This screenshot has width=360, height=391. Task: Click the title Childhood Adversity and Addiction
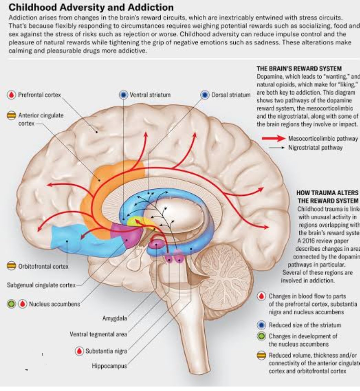pos(91,7)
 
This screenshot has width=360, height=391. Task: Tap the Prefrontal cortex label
pos(39,95)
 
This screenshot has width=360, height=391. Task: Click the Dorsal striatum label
pos(230,95)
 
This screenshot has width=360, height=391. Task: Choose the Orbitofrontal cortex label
pos(43,266)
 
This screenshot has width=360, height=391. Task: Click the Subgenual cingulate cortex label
pos(41,285)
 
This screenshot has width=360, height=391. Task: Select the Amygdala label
pos(114,318)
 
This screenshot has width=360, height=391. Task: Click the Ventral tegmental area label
pos(98,334)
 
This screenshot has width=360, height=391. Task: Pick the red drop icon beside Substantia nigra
pos(80,351)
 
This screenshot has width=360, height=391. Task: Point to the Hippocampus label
pos(109,366)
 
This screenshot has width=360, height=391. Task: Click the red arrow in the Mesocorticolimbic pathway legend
pos(273,139)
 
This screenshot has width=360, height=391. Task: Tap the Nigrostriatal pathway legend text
pos(315,148)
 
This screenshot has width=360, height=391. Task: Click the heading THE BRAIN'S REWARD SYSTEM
pos(299,69)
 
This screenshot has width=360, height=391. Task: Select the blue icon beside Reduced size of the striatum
pos(262,325)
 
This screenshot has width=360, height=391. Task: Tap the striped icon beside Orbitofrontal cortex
pos(12,266)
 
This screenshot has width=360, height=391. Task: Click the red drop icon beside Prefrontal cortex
pos(12,95)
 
